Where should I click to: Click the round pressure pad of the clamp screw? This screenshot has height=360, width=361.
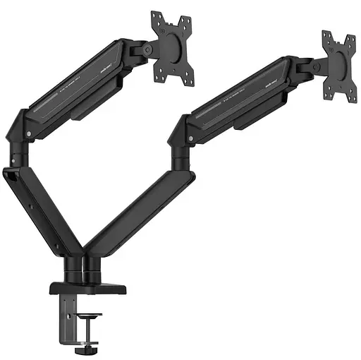coord(87,316)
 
